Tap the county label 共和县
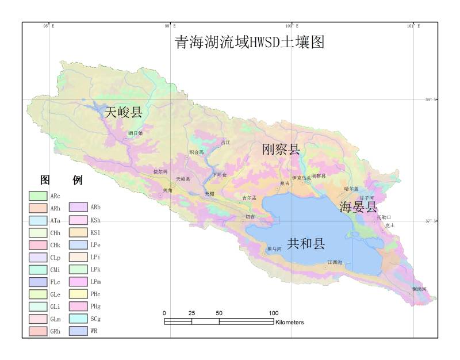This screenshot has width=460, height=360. [x=306, y=243]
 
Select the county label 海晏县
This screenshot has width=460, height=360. [x=358, y=206]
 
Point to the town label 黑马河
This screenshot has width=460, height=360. [x=275, y=249]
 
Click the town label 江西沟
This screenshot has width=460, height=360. [x=335, y=262]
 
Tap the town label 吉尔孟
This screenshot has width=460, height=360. [x=249, y=198]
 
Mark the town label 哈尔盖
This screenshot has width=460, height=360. [x=351, y=189]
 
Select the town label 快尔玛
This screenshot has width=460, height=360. [x=160, y=171]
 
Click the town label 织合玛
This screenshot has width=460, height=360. [x=197, y=152]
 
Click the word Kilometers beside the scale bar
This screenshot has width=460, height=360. [x=290, y=322]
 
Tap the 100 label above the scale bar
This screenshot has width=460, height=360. [x=274, y=313]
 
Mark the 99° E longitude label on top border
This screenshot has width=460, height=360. [x=170, y=26]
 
